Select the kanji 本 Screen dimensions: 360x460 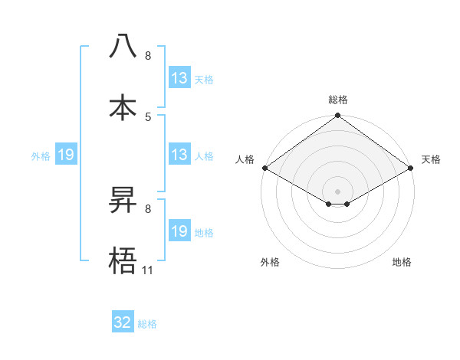123,107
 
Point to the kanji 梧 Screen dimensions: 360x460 123,260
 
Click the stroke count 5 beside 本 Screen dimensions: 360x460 148,117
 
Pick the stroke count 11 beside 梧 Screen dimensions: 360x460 148,270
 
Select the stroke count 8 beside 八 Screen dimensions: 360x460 148,56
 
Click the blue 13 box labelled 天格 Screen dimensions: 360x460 179,78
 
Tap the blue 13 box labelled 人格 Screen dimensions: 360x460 179,155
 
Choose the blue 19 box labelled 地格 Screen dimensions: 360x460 179,231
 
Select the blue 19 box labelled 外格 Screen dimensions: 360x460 66,155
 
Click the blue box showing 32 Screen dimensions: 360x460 123,322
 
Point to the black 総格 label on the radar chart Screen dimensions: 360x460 338,100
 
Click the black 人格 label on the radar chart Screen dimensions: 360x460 245,159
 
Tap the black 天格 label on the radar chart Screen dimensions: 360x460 431,159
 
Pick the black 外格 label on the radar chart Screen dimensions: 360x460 270,262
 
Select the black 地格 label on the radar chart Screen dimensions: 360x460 402,262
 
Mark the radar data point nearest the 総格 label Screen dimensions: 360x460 338,116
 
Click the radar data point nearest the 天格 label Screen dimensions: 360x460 412,168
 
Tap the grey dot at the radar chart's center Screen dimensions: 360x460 338,191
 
